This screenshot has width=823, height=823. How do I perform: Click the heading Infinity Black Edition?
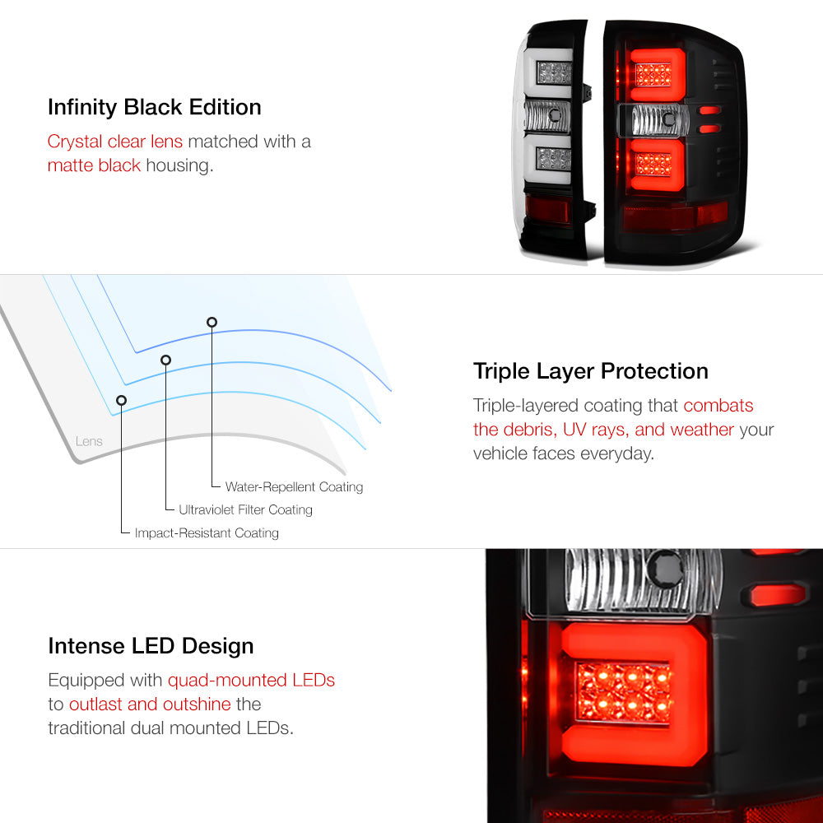point(155,108)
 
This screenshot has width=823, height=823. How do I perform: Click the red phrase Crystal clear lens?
point(115,142)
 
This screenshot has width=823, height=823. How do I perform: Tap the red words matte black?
point(94,165)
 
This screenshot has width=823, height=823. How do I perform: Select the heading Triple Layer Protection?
point(590,372)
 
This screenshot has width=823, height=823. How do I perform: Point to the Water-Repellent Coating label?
point(294,486)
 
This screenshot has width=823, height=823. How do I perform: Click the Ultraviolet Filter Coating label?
point(245,509)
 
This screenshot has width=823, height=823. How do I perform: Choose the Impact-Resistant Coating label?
point(207,532)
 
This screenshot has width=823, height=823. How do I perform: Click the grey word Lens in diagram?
point(89,441)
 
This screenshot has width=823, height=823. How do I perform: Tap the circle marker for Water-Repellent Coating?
point(212,322)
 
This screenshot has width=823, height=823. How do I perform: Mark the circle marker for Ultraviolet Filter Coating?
point(166,360)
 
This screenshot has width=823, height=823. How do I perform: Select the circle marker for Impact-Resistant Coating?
point(121,401)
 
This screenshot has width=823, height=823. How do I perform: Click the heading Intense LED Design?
point(151,646)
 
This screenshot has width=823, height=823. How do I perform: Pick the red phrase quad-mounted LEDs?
point(251,681)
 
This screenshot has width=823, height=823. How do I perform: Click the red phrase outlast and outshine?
point(150,704)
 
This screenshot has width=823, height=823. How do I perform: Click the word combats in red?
point(718,405)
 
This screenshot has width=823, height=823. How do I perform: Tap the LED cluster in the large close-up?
point(623,692)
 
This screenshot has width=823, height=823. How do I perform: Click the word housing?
point(179,165)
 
